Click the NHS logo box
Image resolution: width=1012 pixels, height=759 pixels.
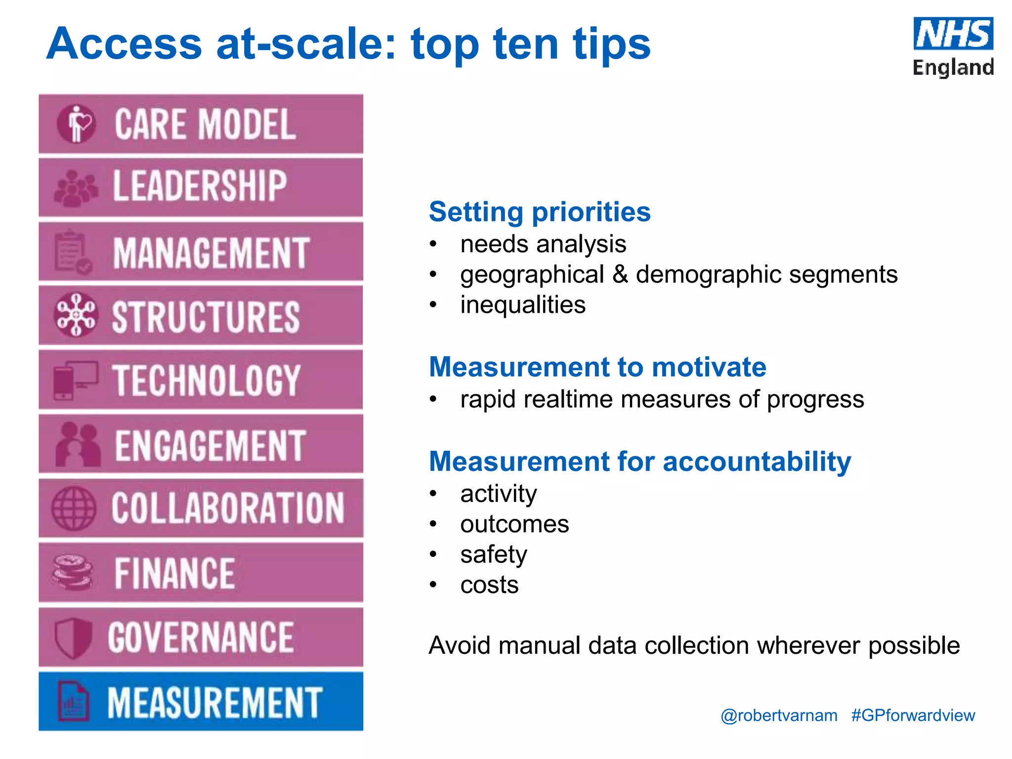coord(953,34)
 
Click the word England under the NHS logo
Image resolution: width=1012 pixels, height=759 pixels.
coord(953,67)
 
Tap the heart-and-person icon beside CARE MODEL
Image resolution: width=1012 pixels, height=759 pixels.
coord(76,124)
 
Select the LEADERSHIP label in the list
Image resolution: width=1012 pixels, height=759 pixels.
coord(200,186)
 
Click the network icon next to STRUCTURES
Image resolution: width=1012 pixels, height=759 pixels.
coord(75,315)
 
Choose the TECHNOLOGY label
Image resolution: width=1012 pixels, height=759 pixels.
coord(206,380)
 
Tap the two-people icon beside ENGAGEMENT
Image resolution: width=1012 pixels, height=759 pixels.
coord(77,444)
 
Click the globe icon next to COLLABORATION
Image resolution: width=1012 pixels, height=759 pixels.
coord(74,508)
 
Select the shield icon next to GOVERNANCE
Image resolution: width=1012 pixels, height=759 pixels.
coord(73,637)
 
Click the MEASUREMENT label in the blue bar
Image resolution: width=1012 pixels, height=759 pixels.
coord(215,702)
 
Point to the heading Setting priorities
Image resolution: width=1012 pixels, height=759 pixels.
coord(539,212)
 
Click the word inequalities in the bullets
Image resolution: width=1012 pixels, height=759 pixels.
coord(522,305)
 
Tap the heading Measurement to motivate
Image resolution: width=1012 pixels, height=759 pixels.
coord(597,367)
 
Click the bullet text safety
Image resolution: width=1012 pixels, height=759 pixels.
coord(493,554)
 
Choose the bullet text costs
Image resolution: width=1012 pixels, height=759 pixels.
coord(489,585)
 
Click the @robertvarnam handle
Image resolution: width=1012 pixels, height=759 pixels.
coord(779,716)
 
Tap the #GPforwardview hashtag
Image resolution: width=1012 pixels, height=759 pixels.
coord(913,716)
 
